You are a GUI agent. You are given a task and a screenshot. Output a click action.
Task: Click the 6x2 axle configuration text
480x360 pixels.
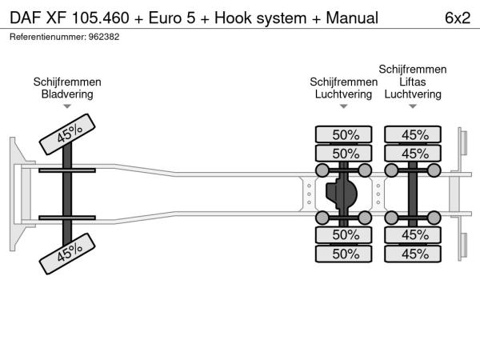pyautogui.click(x=456, y=17)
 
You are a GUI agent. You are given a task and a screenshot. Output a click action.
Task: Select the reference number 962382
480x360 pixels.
pyautogui.click(x=103, y=37)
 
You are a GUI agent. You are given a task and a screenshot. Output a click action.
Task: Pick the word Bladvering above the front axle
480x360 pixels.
pyautogui.click(x=67, y=94)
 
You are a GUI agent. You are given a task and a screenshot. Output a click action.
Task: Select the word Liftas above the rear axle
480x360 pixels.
pyautogui.click(x=413, y=82)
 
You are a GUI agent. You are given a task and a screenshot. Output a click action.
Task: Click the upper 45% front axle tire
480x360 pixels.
pyautogui.click(x=69, y=133)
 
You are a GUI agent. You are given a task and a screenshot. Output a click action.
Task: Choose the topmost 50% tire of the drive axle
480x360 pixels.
pyautogui.click(x=346, y=134)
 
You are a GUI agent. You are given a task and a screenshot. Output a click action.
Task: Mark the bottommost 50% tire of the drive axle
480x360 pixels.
pyautogui.click(x=346, y=254)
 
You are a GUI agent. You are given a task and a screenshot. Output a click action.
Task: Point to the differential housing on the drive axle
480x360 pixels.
pyautogui.click(x=345, y=193)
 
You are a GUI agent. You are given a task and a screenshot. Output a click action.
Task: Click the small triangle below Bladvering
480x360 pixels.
pyautogui.click(x=67, y=106)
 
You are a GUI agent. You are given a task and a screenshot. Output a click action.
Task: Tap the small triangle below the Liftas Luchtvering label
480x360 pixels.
pyautogui.click(x=413, y=106)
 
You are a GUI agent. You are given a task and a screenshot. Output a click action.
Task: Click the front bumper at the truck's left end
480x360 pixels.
pyautogui.click(x=16, y=193)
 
